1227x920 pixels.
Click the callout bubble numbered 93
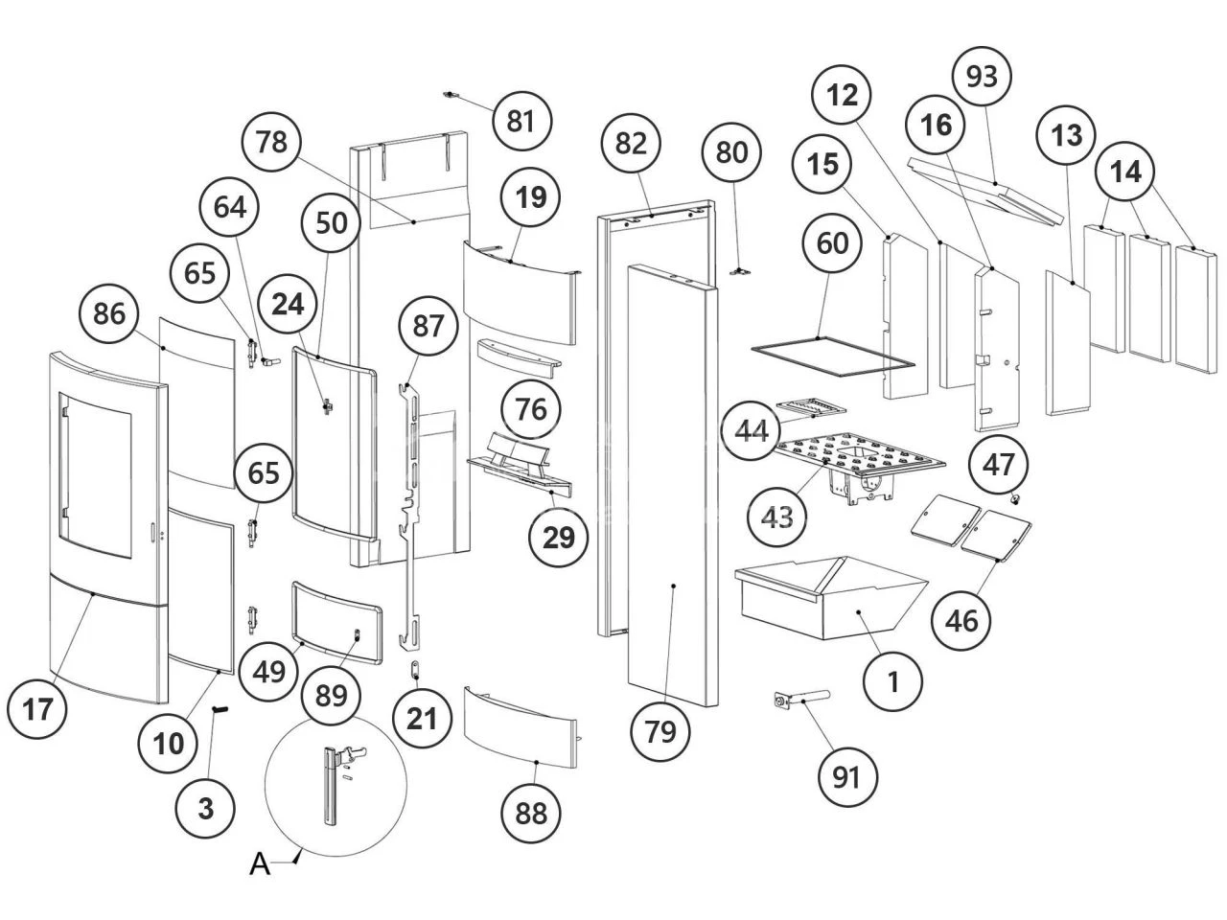pyautogui.click(x=983, y=76)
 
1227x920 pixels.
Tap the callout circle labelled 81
pyautogui.click(x=521, y=121)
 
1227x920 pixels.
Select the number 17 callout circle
pyautogui.click(x=36, y=709)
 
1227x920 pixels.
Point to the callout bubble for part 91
pyautogui.click(x=846, y=776)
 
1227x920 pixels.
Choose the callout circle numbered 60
pyautogui.click(x=832, y=242)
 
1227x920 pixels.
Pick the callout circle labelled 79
pyautogui.click(x=660, y=730)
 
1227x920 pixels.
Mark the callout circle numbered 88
pyautogui.click(x=530, y=813)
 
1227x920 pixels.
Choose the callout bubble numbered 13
pyautogui.click(x=1066, y=135)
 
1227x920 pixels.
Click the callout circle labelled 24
pyautogui.click(x=288, y=304)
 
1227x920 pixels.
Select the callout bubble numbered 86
pyautogui.click(x=110, y=313)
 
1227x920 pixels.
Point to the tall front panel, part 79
pyautogui.click(x=671, y=479)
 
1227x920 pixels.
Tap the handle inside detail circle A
pyautogui.click(x=331, y=786)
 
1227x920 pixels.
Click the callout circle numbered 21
pyautogui.click(x=422, y=717)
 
